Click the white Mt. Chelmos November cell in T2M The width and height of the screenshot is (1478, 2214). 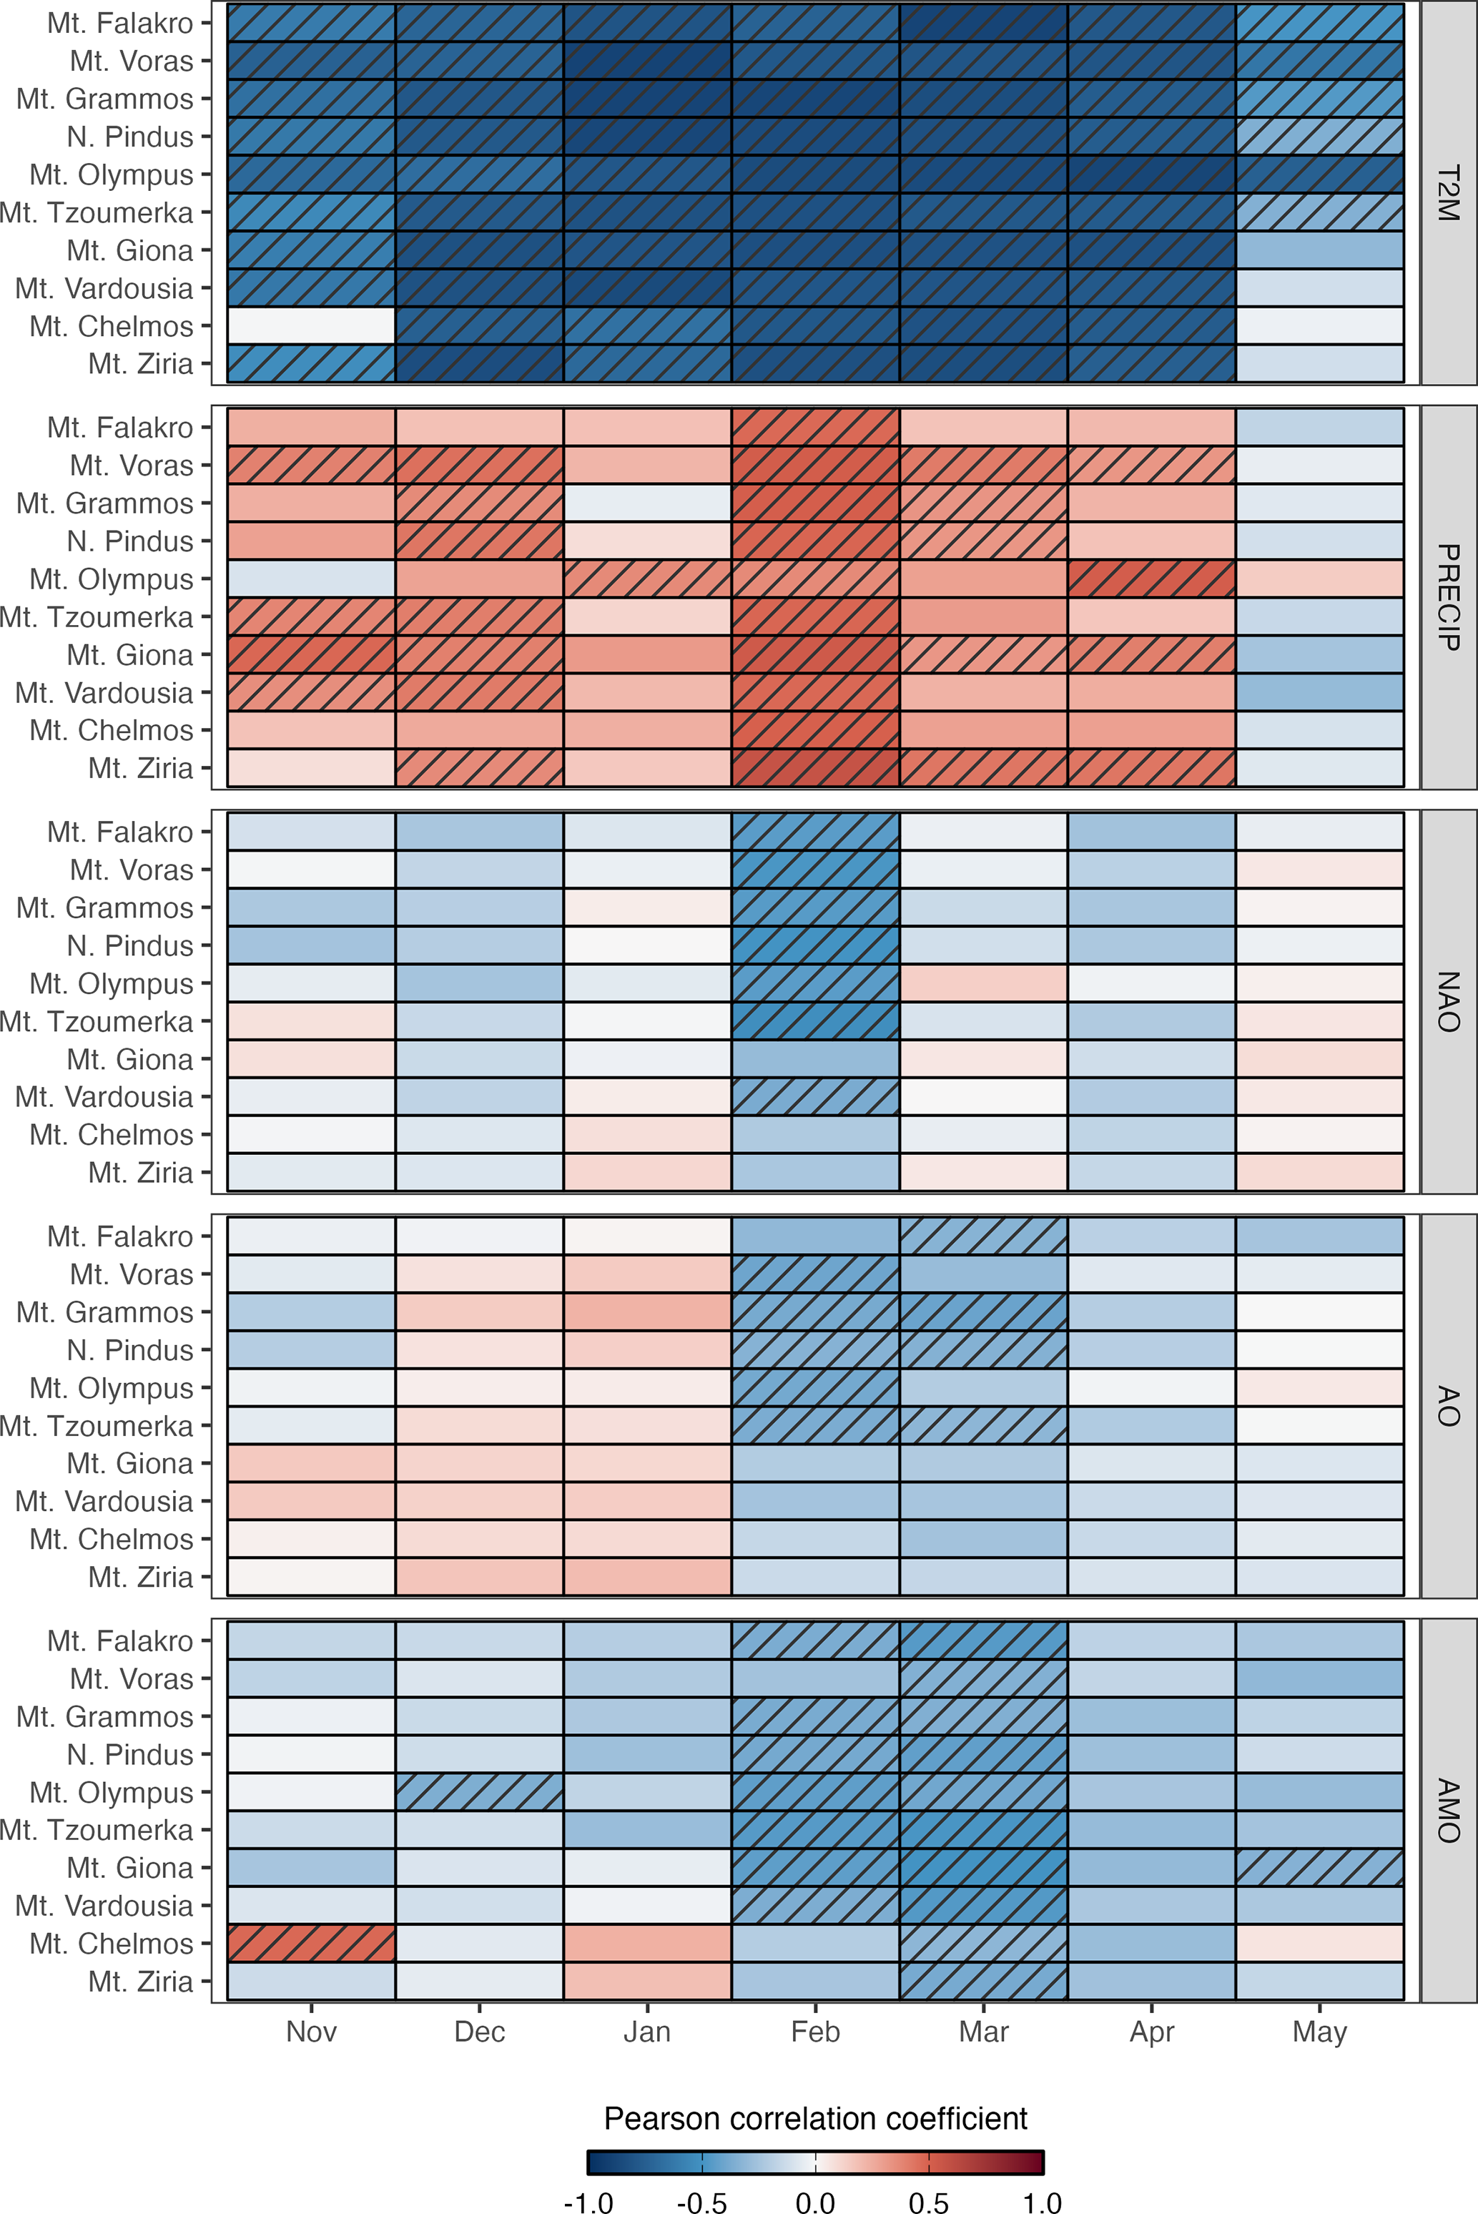[x=311, y=326]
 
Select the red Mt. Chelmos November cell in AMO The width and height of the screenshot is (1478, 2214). [x=311, y=1944]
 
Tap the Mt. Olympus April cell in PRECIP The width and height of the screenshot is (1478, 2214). [x=1151, y=579]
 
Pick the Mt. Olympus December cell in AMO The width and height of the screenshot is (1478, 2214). [x=479, y=1792]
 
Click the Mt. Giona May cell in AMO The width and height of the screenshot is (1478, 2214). [x=1320, y=1868]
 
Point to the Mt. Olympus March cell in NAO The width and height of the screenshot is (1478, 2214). [x=983, y=983]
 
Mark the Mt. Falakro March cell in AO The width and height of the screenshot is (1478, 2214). [x=983, y=1236]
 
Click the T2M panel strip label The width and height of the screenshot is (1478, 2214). [x=1448, y=193]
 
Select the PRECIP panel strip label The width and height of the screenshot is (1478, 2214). [x=1448, y=598]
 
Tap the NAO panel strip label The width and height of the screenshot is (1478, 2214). [x=1448, y=1002]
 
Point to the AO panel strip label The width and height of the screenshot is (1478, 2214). [x=1448, y=1406]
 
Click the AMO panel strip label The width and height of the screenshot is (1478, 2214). [x=1448, y=1811]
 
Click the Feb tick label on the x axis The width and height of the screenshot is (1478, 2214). [x=815, y=2031]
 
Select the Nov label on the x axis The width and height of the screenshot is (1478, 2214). [x=311, y=2031]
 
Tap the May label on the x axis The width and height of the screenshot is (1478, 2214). [x=1320, y=2031]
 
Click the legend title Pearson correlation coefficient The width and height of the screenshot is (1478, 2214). [x=815, y=2118]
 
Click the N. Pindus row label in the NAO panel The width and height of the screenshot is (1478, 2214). [x=130, y=945]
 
